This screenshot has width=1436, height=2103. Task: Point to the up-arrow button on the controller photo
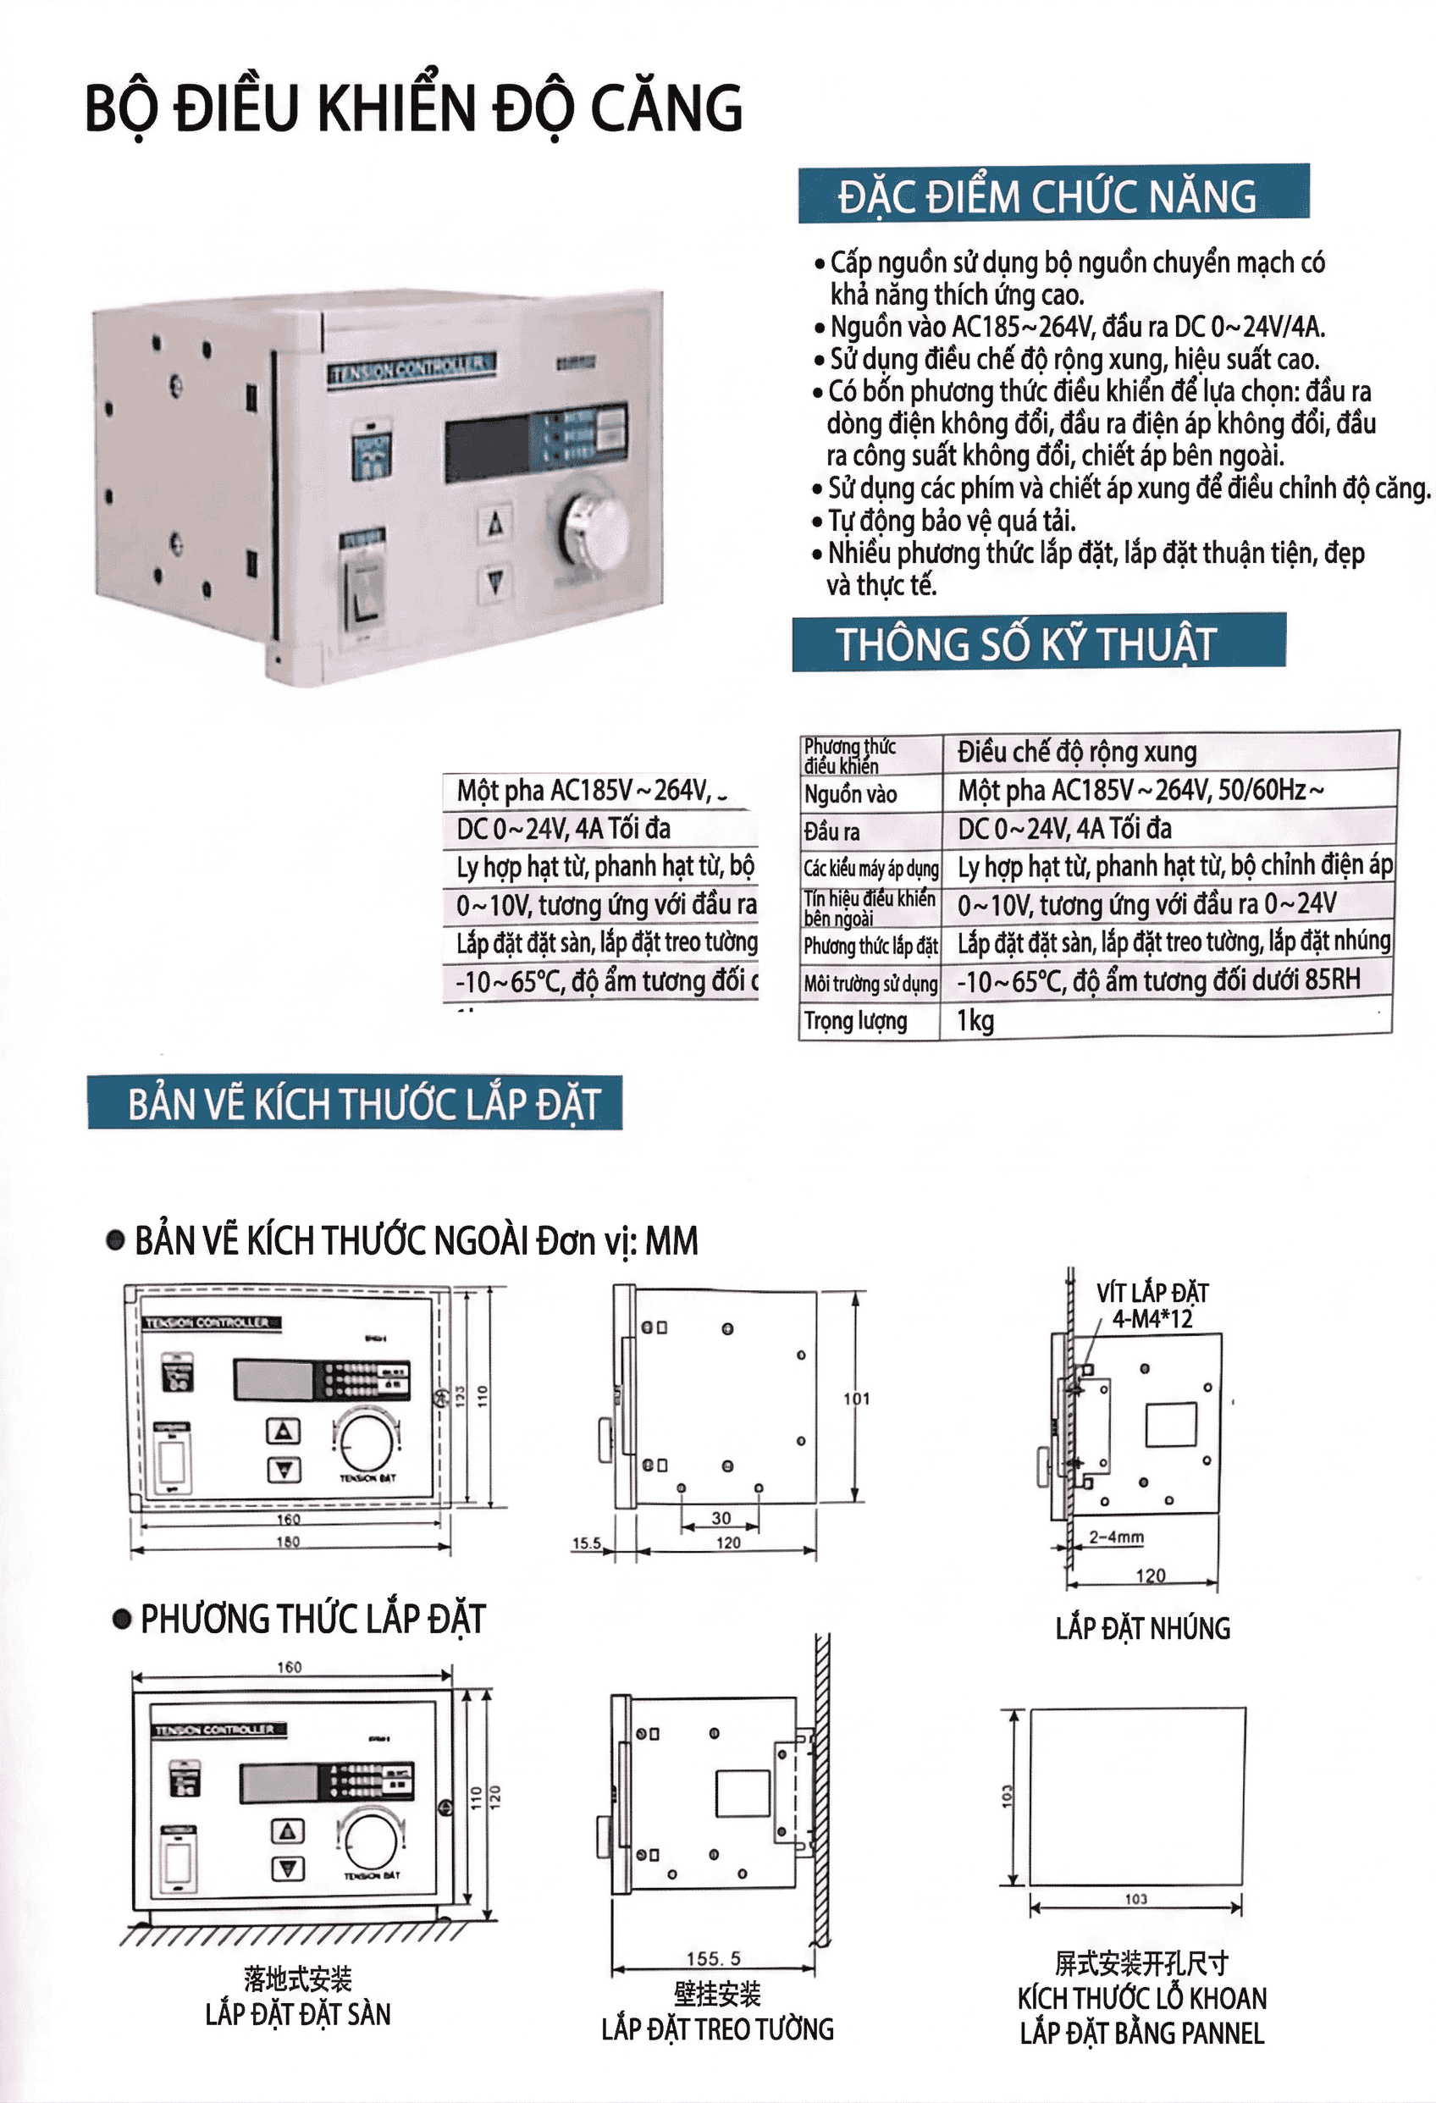[x=495, y=524]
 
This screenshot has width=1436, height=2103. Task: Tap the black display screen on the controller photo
[x=487, y=448]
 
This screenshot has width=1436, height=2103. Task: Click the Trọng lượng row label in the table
[x=855, y=1021]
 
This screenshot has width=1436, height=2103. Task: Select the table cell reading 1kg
[x=975, y=1021]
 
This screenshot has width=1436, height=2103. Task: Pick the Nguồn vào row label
[x=851, y=793]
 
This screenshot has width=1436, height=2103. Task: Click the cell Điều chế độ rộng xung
[x=1077, y=752]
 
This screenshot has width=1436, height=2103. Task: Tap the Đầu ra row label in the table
[x=831, y=831]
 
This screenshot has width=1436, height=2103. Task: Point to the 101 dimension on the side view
[x=856, y=1398]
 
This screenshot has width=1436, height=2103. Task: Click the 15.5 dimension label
[x=587, y=1543]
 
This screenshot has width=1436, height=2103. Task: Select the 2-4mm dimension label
[x=1116, y=1537]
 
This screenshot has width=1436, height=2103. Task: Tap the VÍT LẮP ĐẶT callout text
[x=1152, y=1292]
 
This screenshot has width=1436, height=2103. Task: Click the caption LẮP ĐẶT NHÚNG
[x=1142, y=1629]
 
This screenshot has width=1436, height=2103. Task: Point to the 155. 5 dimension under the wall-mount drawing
[x=713, y=1958]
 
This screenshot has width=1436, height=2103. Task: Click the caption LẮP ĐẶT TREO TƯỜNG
[x=716, y=2029]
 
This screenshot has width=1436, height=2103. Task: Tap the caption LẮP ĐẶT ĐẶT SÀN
[x=298, y=2014]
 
